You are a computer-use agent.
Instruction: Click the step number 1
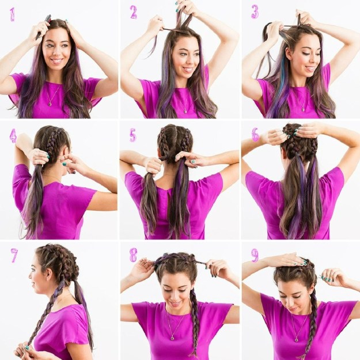click(13, 15)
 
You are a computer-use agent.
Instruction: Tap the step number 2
click(134, 12)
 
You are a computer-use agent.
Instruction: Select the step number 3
click(255, 12)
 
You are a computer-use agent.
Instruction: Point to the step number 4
click(13, 135)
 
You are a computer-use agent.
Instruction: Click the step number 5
click(132, 135)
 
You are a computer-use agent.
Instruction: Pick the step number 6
click(255, 135)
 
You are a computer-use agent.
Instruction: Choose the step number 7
click(14, 255)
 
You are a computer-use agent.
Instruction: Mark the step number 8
click(133, 255)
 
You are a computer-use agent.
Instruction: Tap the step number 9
click(255, 255)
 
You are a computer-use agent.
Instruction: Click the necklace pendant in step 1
click(50, 104)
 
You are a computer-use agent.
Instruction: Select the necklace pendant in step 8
click(172, 338)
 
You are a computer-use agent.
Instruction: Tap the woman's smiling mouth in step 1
click(56, 61)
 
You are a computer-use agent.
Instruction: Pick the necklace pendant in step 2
click(185, 111)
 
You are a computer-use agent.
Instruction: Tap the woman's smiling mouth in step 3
click(310, 68)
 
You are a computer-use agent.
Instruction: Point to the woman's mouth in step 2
click(188, 69)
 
